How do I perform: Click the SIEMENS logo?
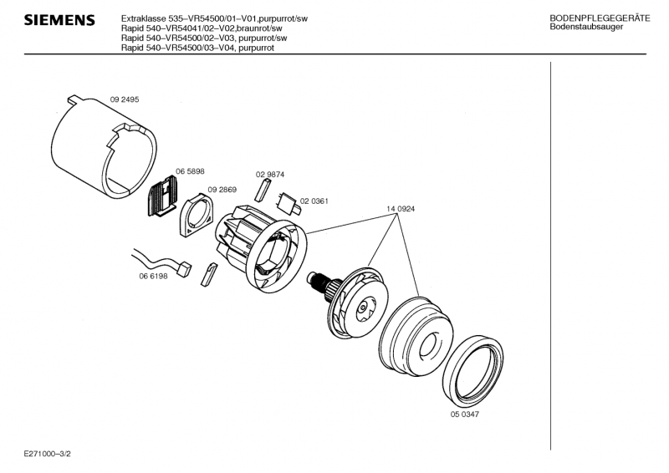click(x=59, y=20)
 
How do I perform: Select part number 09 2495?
click(x=125, y=99)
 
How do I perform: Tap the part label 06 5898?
click(x=190, y=171)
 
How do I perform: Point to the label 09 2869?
click(x=222, y=190)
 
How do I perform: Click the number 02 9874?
click(x=270, y=175)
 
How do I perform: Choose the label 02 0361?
click(x=314, y=201)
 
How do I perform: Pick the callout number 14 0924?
click(x=401, y=209)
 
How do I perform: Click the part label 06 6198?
click(x=153, y=276)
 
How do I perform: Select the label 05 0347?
click(x=465, y=415)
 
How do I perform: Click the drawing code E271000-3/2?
click(x=48, y=454)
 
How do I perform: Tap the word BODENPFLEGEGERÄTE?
click(x=600, y=18)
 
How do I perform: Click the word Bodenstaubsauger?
click(x=586, y=27)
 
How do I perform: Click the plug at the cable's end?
click(x=185, y=270)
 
